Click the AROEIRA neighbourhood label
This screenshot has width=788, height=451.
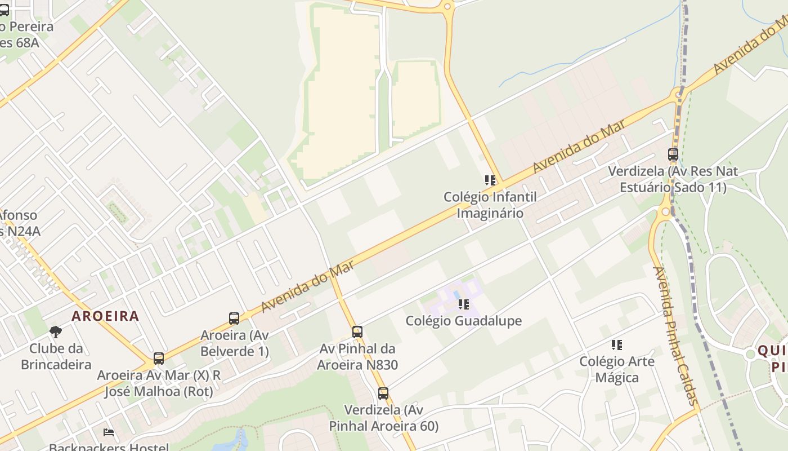[x=105, y=316]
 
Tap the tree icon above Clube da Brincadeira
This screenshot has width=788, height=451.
[x=55, y=331]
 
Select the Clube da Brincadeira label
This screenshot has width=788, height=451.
[x=56, y=356]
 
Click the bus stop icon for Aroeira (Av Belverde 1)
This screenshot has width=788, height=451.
[x=234, y=319]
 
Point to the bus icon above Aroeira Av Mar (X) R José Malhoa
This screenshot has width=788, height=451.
[x=159, y=359]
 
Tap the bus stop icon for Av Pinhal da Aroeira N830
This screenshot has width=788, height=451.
[x=357, y=332]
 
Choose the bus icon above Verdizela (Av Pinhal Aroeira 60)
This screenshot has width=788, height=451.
[x=383, y=393]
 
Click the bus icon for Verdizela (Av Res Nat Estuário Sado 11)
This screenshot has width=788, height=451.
[x=673, y=154]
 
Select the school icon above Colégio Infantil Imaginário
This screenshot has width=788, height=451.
[x=490, y=180]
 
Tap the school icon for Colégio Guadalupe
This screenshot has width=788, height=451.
[x=464, y=304]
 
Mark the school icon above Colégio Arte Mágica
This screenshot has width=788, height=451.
[x=617, y=344]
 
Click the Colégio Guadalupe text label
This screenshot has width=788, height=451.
[x=464, y=321]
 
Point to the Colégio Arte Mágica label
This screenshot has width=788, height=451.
[x=617, y=369]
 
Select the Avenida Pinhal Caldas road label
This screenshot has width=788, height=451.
[x=675, y=335]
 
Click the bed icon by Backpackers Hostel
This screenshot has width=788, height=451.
[x=109, y=432]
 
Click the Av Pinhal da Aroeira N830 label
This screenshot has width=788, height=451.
[x=357, y=357]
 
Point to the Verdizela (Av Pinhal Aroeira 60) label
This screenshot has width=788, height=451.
[x=383, y=418]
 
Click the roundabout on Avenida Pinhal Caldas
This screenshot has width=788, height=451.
[x=665, y=212]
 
